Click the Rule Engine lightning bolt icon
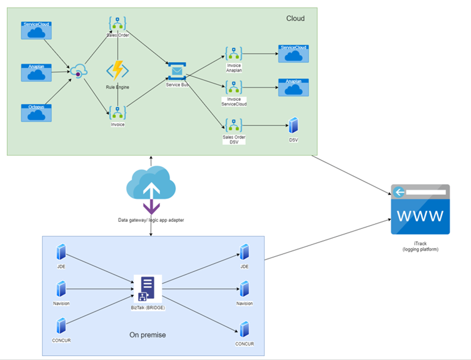(117, 71)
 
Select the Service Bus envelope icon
(177, 71)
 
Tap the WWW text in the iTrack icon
(420, 216)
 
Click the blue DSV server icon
(293, 126)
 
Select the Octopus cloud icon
(36, 113)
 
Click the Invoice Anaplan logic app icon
(234, 53)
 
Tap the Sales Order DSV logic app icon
(234, 126)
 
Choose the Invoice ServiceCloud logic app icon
(234, 87)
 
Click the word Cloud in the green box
(295, 19)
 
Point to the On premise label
(147, 335)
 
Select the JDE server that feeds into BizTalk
(61, 253)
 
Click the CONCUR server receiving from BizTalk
(244, 329)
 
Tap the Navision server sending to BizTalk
(61, 290)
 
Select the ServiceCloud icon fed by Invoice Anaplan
(293, 53)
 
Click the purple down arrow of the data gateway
(151, 206)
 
